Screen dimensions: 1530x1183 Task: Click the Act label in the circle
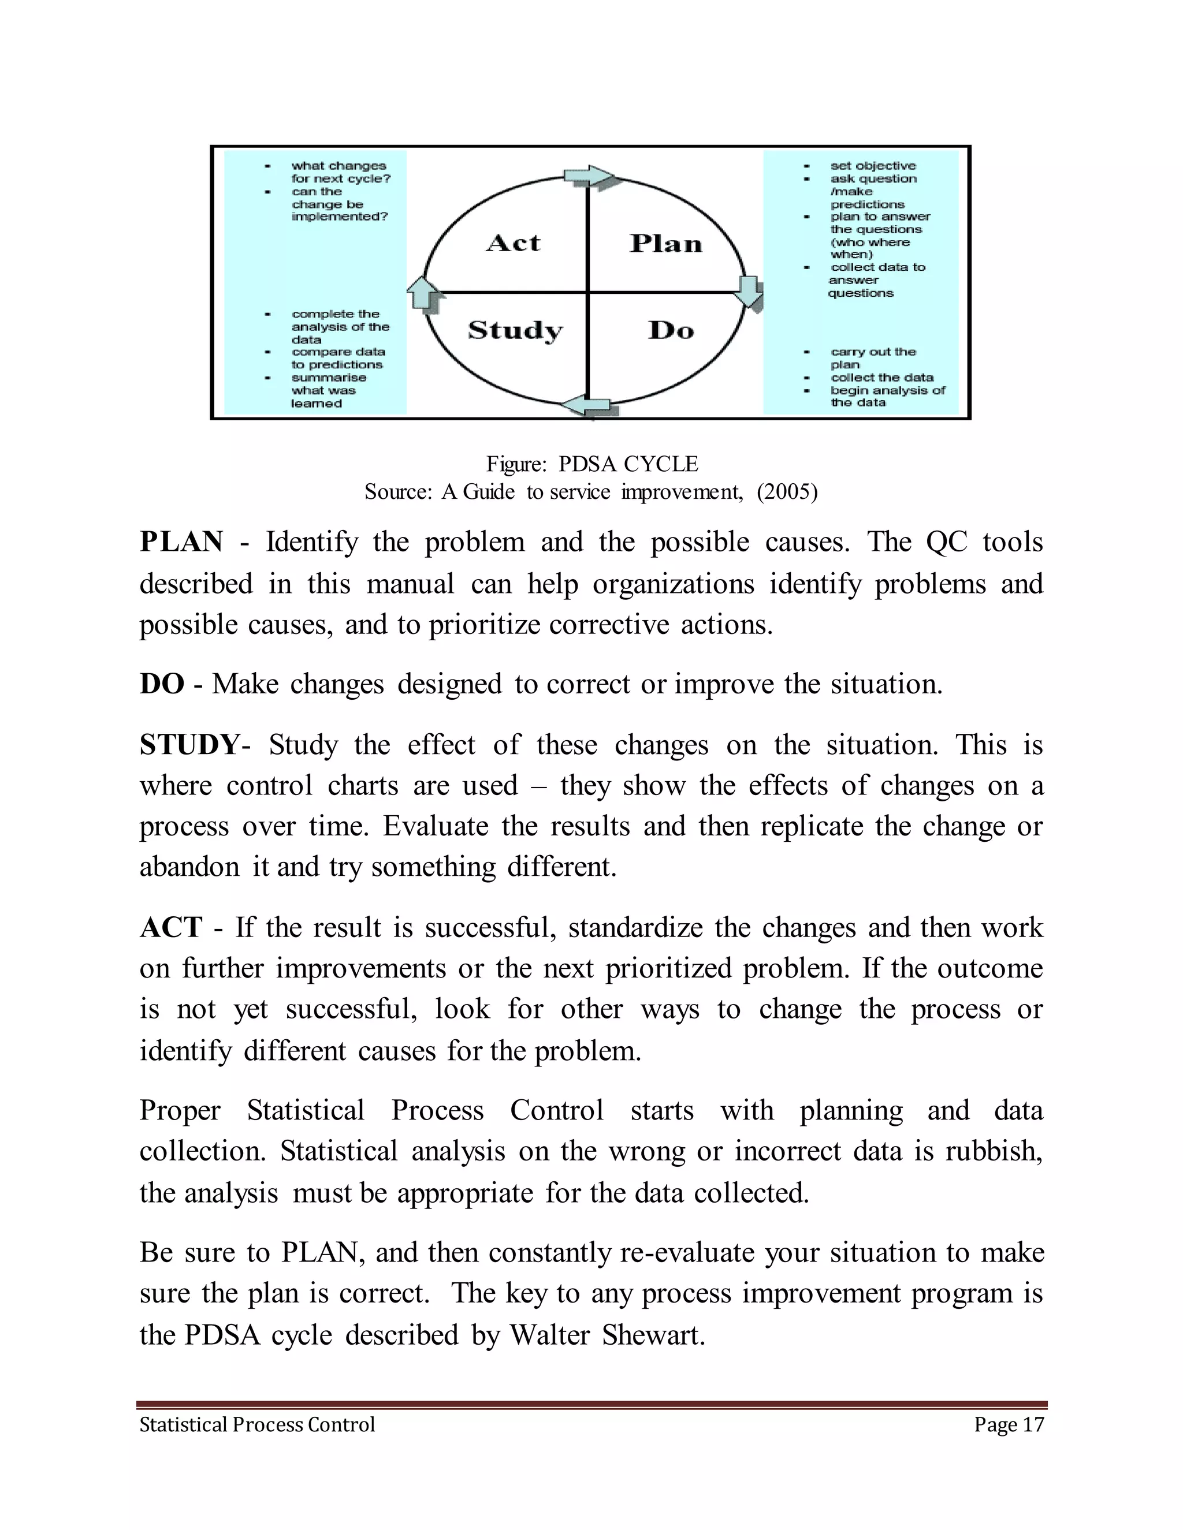point(514,243)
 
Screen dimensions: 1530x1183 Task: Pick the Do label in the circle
point(671,330)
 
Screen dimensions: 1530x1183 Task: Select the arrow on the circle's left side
point(423,292)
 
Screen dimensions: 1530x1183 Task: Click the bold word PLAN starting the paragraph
point(181,542)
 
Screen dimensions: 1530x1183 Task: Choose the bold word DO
point(162,684)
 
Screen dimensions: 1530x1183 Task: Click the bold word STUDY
point(190,745)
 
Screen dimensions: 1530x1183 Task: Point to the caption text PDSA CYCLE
point(628,464)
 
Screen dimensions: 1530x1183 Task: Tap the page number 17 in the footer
point(1033,1425)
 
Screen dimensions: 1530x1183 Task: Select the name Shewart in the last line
point(653,1335)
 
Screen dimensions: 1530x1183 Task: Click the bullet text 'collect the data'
point(883,378)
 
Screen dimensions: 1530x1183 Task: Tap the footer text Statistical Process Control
point(257,1425)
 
